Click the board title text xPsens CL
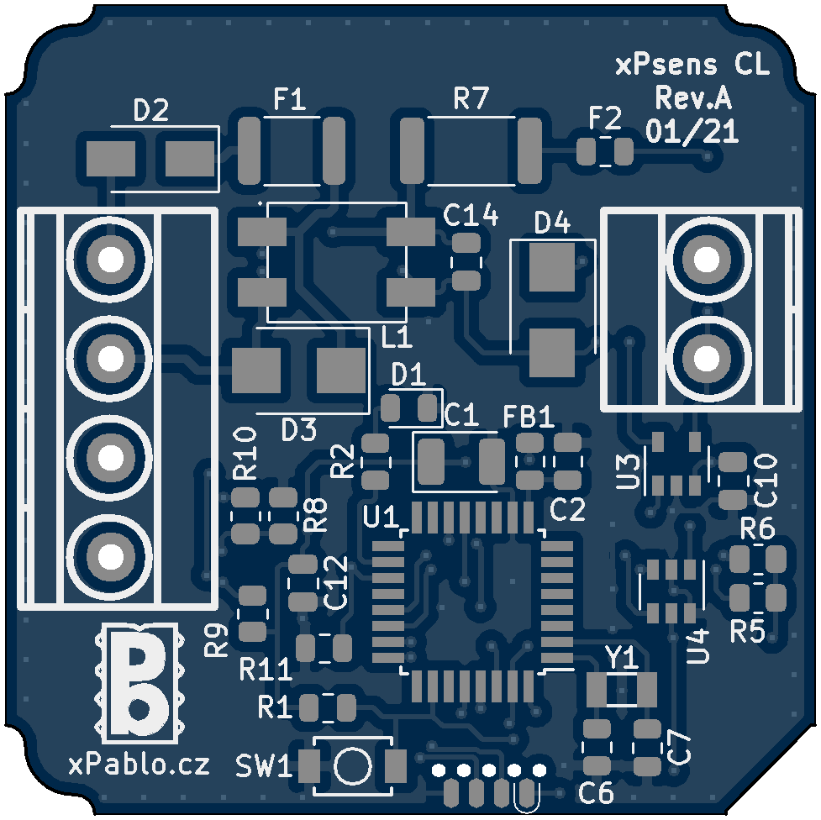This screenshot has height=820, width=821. point(692,66)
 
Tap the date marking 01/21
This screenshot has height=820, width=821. point(692,131)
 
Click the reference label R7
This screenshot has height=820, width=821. point(471,99)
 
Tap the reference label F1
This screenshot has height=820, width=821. point(290,101)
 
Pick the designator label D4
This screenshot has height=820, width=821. point(552,223)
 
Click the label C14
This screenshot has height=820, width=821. point(471,216)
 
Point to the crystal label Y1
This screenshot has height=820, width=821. point(623,658)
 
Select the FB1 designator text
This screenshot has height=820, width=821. point(528,417)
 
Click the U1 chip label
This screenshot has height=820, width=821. point(381,517)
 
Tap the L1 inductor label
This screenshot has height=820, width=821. point(397,339)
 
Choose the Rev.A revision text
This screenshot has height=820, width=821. point(692,99)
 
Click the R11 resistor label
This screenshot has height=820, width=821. point(266,670)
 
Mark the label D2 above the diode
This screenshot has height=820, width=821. point(151,110)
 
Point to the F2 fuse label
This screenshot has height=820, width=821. point(605,117)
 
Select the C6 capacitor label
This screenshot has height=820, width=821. point(597,792)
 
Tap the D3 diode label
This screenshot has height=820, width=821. point(298,431)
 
